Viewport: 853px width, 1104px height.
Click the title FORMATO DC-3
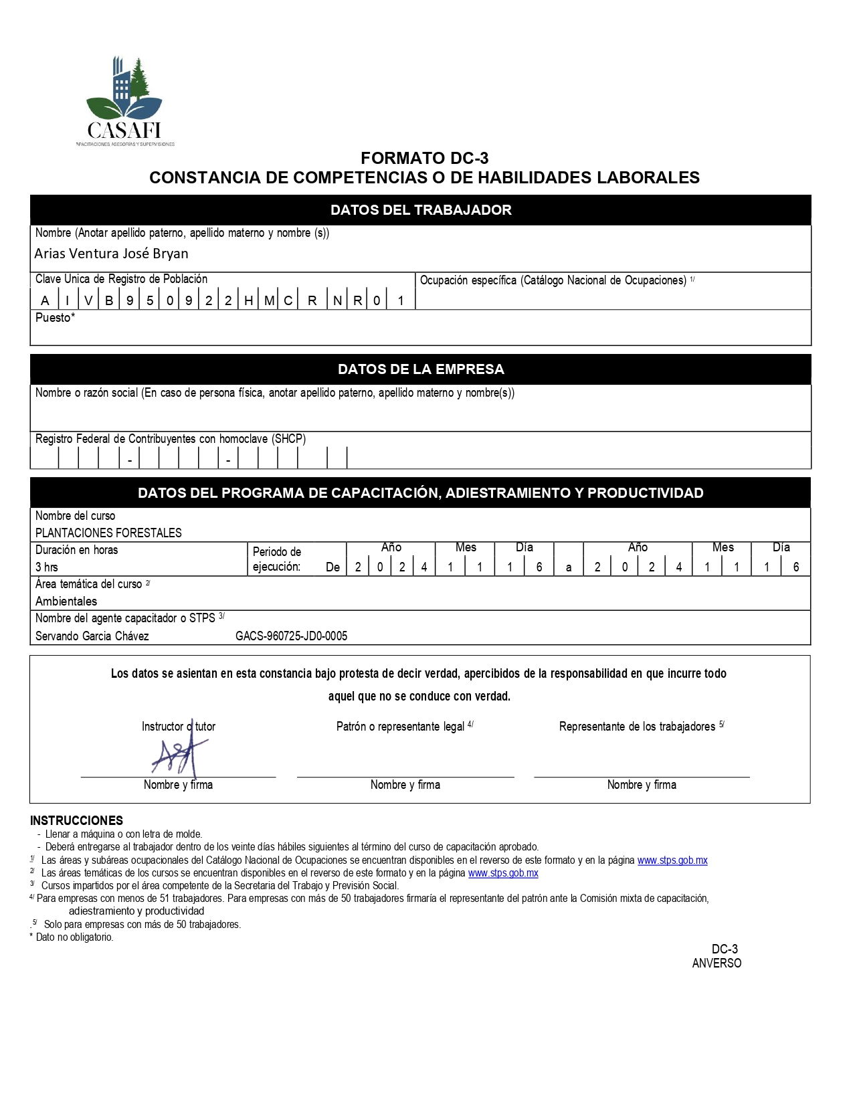tap(424, 158)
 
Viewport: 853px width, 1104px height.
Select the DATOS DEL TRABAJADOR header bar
tap(420, 210)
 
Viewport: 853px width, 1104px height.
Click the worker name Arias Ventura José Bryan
tap(111, 254)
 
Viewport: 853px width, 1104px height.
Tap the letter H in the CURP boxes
tap(248, 300)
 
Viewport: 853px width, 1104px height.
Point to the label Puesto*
tap(55, 318)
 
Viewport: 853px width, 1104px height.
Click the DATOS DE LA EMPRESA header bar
tap(420, 369)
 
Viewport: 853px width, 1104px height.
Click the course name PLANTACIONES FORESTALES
tap(108, 533)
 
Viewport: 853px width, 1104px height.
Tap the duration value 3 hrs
tap(47, 567)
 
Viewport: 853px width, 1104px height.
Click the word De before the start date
tap(333, 567)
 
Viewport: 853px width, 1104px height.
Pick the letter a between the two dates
tap(569, 567)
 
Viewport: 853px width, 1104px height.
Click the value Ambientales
tap(66, 602)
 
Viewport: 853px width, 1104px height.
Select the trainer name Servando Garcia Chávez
tap(92, 636)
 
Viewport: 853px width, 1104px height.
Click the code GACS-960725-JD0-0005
tap(291, 636)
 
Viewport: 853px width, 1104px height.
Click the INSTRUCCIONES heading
tap(76, 820)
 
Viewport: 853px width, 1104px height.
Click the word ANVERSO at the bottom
tap(717, 963)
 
